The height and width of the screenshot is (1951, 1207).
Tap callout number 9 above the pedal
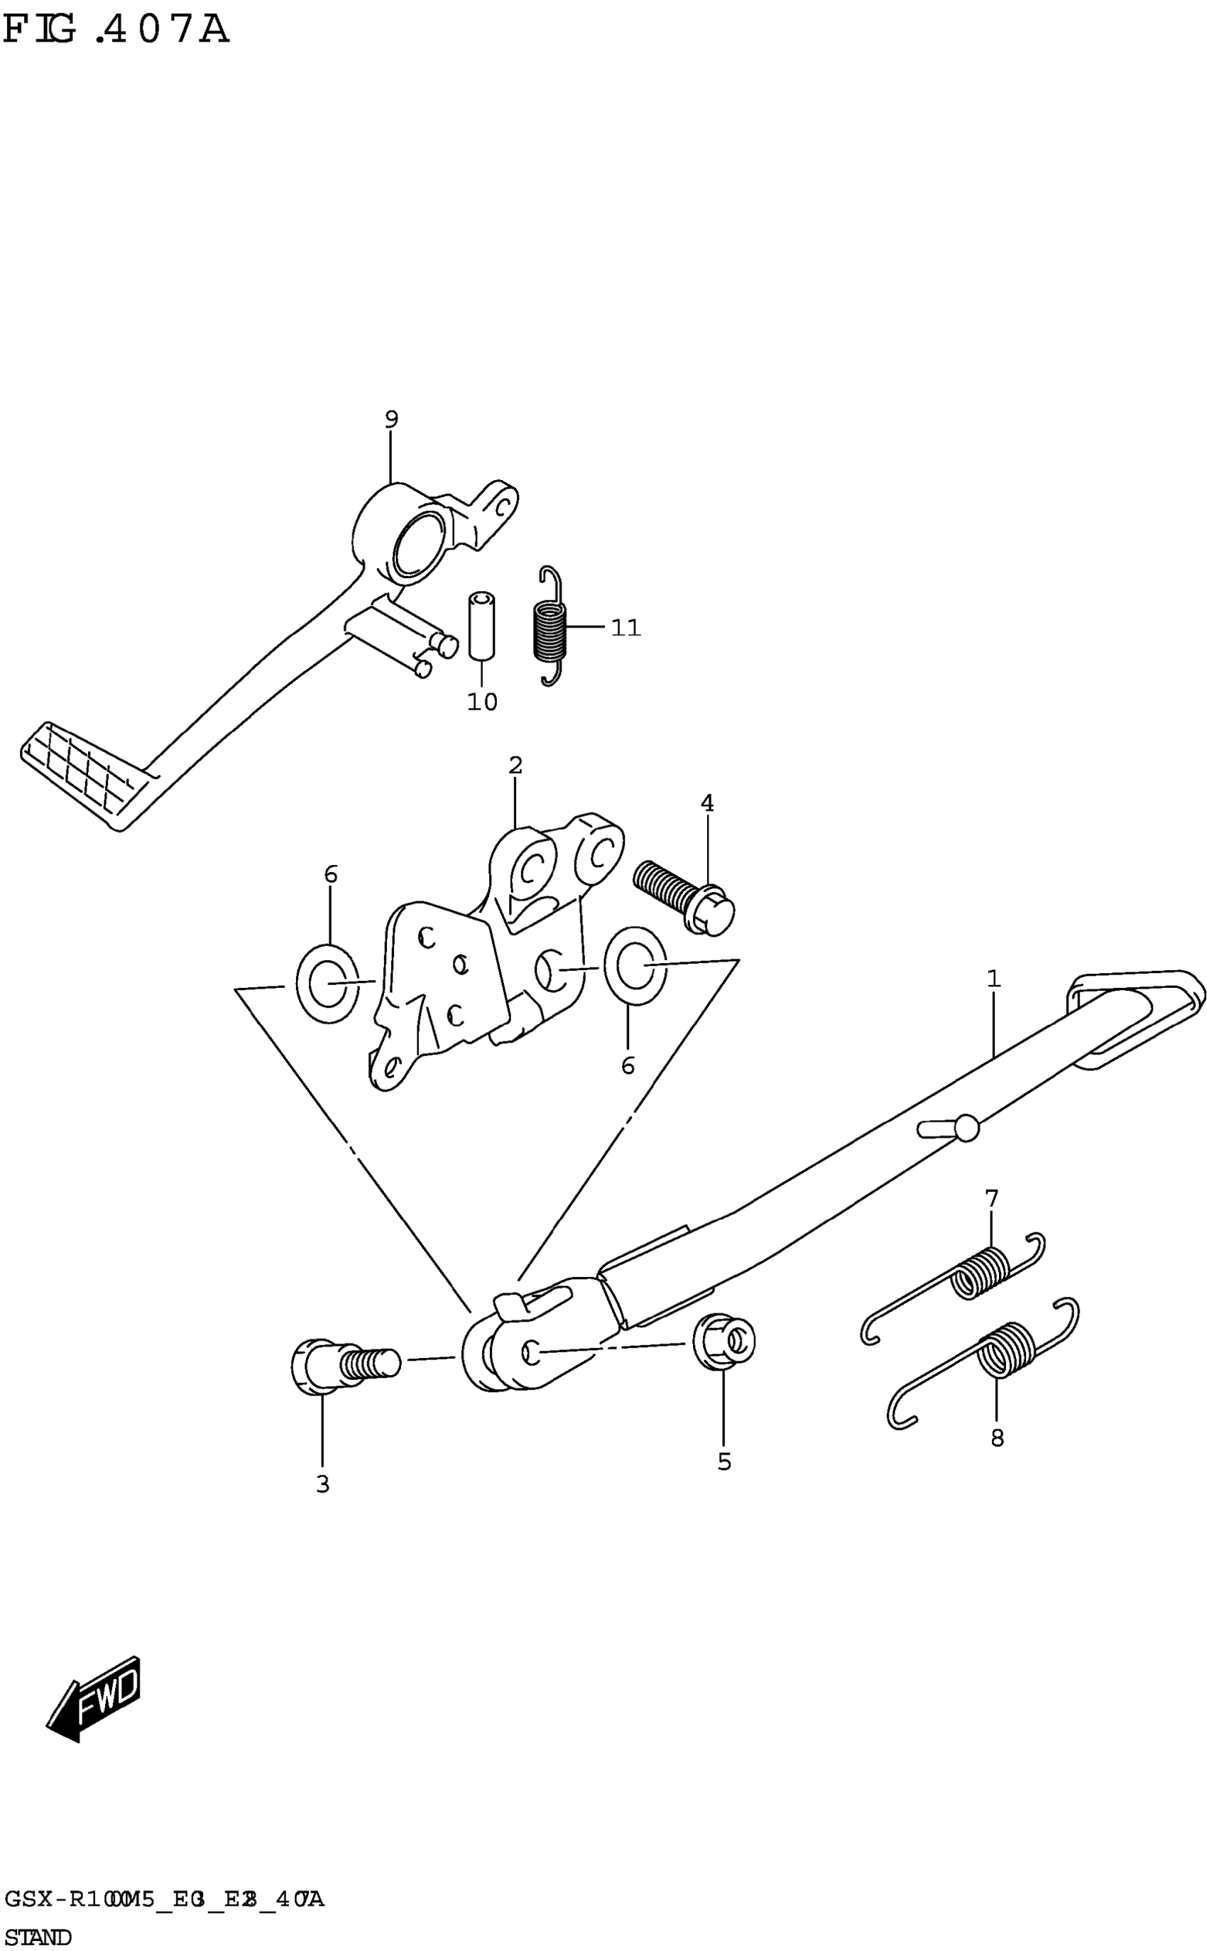point(391,419)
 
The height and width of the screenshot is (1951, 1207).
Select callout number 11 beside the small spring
point(626,629)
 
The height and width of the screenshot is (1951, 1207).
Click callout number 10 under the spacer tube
point(482,702)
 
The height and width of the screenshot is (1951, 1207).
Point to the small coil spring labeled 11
point(550,626)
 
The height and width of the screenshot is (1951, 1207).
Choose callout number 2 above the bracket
point(515,766)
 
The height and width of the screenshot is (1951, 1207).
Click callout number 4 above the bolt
point(707,803)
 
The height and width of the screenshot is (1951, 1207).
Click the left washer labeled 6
point(327,983)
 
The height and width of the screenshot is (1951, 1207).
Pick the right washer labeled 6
point(635,964)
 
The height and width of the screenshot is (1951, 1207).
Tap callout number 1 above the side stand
point(994,979)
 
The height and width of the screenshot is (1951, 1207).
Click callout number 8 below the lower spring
point(997,1438)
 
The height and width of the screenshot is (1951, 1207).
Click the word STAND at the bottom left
point(38,1937)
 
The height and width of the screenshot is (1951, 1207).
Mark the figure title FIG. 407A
point(116,31)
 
